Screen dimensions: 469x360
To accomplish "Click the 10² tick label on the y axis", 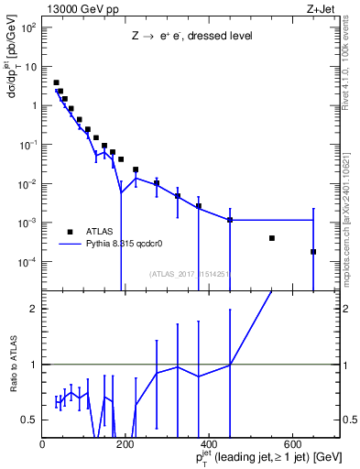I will (x=29, y=27).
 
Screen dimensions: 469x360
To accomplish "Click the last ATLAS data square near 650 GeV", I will (x=313, y=252).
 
